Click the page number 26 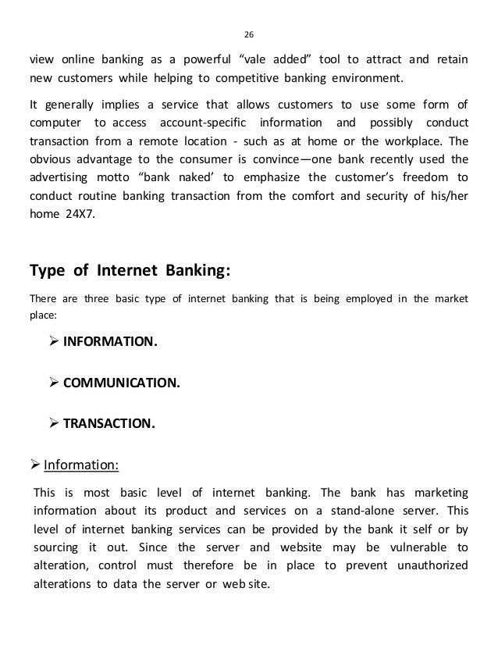coord(249,34)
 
